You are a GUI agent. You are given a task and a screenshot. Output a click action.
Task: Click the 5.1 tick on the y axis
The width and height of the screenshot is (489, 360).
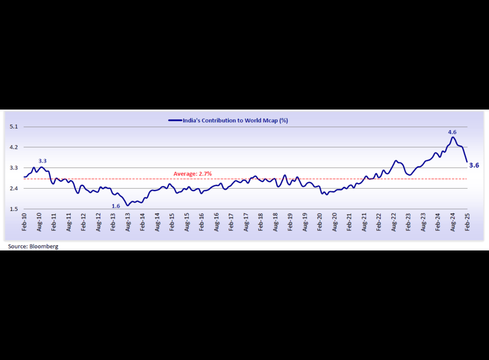(x=13, y=127)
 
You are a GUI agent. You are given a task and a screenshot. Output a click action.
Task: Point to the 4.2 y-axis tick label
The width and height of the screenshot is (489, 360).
(x=13, y=147)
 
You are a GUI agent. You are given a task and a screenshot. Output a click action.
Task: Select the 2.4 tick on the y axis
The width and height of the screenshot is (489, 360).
(x=13, y=189)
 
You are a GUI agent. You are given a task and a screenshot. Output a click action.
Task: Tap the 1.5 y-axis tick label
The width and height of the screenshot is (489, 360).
(x=13, y=209)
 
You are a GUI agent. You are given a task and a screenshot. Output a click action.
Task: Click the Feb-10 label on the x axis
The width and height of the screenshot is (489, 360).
(x=24, y=225)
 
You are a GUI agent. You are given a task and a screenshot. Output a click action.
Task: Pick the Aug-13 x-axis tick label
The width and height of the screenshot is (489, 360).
(x=128, y=225)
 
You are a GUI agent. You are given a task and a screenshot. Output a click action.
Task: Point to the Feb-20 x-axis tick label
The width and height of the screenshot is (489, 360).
(x=320, y=225)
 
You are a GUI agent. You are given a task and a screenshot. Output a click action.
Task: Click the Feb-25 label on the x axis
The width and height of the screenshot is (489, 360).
(x=468, y=225)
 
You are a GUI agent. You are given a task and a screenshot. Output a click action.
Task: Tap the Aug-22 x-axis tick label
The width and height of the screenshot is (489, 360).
(x=394, y=225)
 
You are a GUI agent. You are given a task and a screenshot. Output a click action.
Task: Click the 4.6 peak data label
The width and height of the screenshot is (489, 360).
(x=452, y=132)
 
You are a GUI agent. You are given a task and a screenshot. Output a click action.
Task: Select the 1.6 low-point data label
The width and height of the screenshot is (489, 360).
(x=116, y=206)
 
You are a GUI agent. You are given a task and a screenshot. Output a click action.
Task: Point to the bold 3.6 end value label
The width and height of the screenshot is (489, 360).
(x=475, y=165)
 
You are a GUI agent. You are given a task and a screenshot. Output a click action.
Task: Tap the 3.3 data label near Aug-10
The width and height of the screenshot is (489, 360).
(x=42, y=161)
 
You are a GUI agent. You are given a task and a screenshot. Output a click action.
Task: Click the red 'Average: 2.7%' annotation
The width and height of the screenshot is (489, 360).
(x=193, y=174)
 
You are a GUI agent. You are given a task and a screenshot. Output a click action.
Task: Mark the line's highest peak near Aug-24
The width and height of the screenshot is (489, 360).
(x=453, y=137)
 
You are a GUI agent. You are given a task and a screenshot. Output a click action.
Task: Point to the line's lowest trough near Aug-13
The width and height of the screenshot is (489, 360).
(x=127, y=205)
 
